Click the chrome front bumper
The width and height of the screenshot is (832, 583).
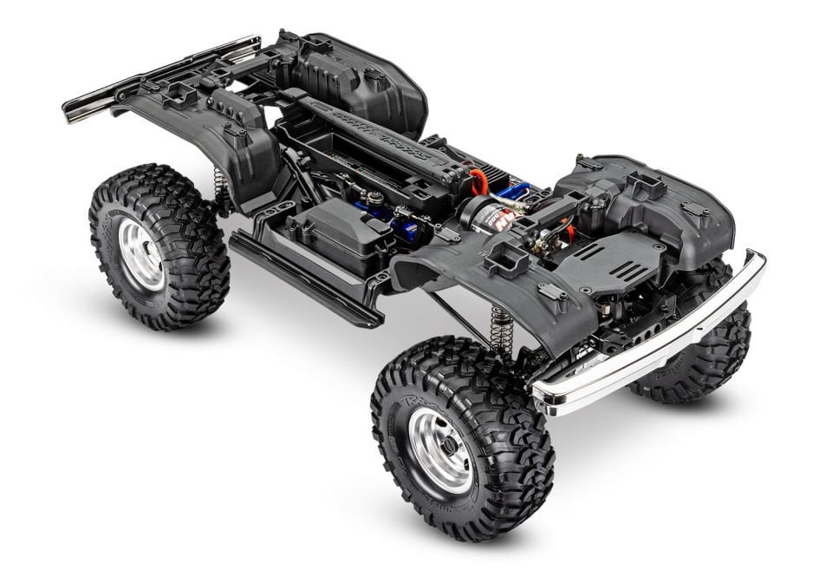click(x=659, y=347)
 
